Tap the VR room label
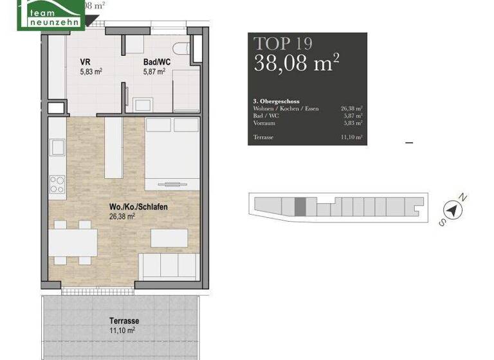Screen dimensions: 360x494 pos(84,62)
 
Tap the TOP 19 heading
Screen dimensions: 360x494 pos(284,44)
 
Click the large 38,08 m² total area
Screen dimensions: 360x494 pos(296,64)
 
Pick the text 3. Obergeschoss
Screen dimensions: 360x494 pos(277,102)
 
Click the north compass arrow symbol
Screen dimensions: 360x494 pos(454,210)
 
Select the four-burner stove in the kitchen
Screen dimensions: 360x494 pos(57,185)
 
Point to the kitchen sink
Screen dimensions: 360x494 pos(57,148)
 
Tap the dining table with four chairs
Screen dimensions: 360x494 pos(72,242)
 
